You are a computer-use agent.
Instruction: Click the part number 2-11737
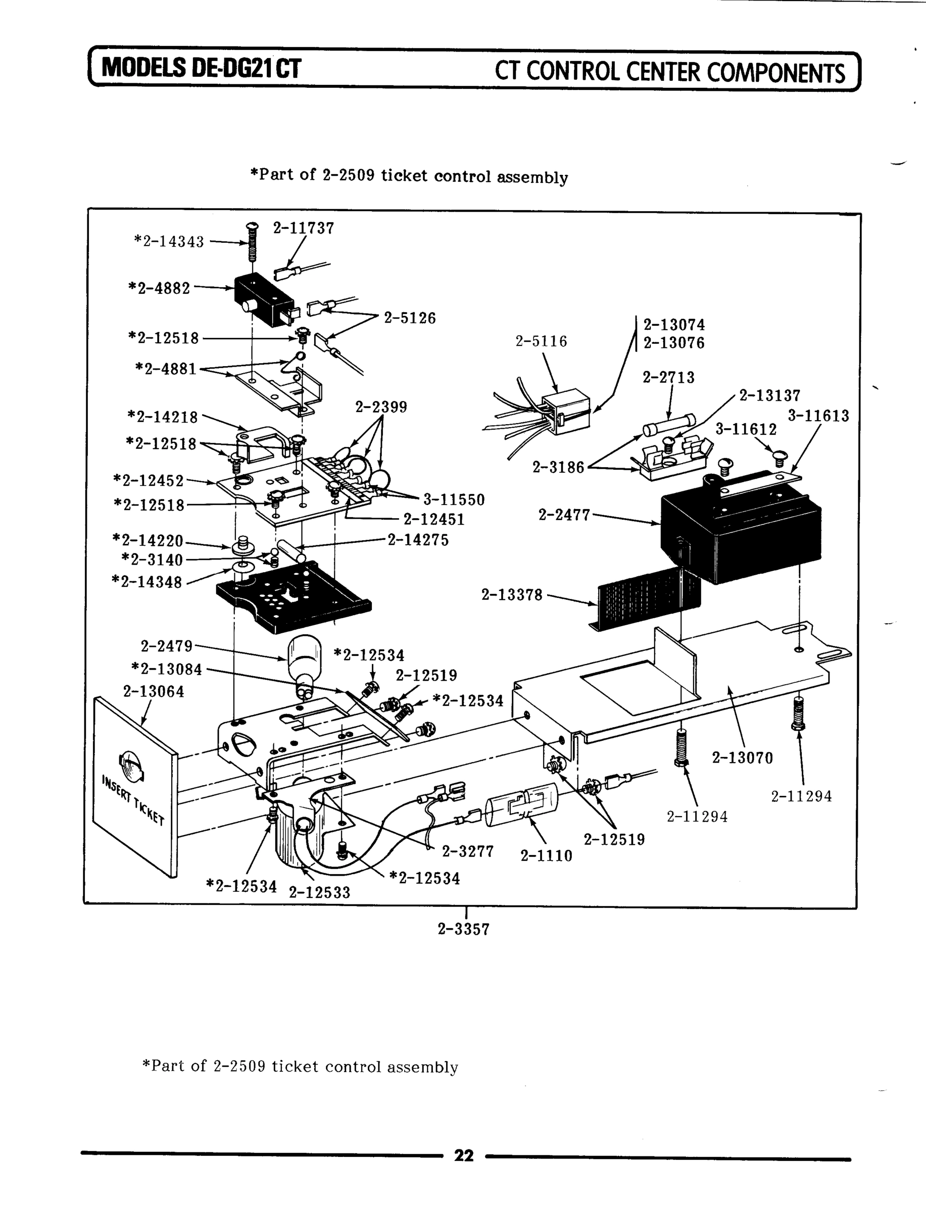click(303, 228)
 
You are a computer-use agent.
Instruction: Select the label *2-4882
click(159, 288)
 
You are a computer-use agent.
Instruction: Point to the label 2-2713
click(668, 377)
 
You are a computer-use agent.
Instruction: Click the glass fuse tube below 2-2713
click(668, 425)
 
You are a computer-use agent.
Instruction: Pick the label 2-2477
click(563, 515)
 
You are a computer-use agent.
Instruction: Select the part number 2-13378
click(512, 594)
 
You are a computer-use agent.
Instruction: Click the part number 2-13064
click(153, 691)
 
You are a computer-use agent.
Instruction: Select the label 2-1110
click(546, 855)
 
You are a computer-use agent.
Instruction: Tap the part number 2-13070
click(743, 758)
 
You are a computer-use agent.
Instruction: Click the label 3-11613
click(818, 416)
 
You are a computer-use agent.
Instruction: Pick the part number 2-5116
click(541, 341)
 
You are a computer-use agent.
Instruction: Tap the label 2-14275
click(418, 540)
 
